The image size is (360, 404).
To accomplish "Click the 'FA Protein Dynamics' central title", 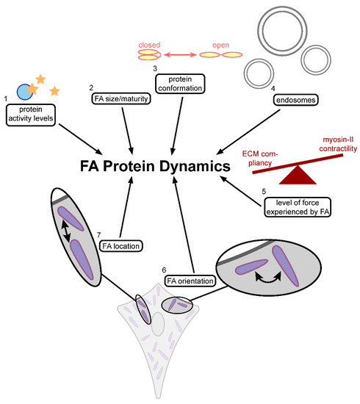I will (x=158, y=167).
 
